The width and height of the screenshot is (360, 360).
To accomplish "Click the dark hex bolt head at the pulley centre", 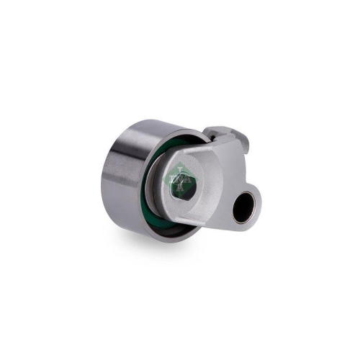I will [x=183, y=189].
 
